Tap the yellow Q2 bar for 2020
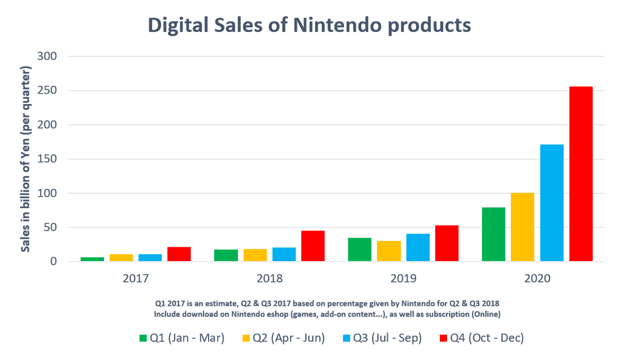click(x=523, y=227)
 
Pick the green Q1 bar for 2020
click(x=493, y=234)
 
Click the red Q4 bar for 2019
click(x=447, y=243)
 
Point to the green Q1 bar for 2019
click(x=359, y=249)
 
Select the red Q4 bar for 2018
click(x=313, y=246)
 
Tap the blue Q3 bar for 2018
click(x=284, y=254)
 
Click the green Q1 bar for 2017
click(x=92, y=259)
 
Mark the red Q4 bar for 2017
click(x=179, y=254)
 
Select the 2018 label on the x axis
click(x=269, y=279)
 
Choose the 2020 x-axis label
click(x=537, y=279)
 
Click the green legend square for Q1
click(x=143, y=338)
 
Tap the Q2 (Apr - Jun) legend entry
click(x=283, y=338)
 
